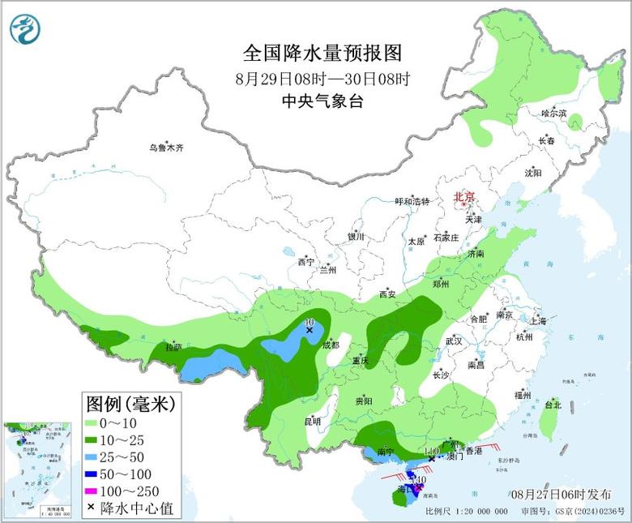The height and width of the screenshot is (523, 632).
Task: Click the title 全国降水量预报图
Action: [322, 54]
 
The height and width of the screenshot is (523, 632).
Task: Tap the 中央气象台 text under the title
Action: [322, 101]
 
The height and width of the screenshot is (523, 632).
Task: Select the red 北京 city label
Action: [465, 196]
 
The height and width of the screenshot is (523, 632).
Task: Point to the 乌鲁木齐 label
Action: [166, 148]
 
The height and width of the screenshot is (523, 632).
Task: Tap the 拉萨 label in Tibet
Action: [173, 347]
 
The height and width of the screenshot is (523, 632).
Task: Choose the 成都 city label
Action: [331, 345]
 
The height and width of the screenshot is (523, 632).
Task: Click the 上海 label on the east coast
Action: [538, 321]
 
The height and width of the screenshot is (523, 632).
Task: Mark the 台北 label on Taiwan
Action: [553, 404]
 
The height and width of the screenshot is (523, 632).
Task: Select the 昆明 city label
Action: [313, 422]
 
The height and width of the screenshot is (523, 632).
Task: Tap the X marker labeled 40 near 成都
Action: [309, 330]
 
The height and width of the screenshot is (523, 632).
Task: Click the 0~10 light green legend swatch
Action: [92, 422]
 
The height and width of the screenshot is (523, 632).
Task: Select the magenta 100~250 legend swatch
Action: [92, 491]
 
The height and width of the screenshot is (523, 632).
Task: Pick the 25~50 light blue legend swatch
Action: [92, 457]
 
